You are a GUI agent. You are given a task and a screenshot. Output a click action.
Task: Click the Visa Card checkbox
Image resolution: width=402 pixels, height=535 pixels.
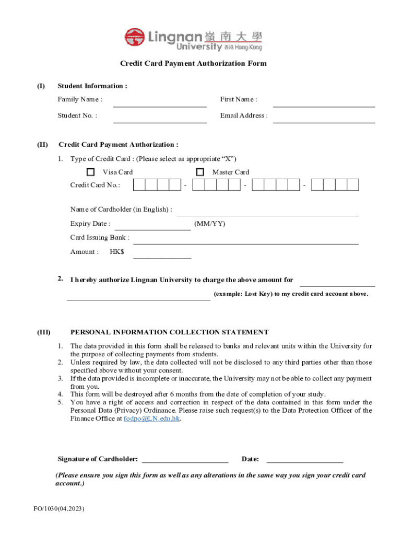91,172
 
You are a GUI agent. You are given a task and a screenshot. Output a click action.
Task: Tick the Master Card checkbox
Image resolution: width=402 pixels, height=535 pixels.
200,172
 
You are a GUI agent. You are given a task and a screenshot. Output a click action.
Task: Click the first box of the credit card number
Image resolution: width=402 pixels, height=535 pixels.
139,185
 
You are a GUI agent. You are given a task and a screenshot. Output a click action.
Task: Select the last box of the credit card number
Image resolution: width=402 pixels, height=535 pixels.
353,185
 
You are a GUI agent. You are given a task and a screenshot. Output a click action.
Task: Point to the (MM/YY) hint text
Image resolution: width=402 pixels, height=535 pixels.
210,224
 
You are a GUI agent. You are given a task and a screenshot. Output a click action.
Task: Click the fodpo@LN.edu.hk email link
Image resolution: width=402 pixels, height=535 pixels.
152,419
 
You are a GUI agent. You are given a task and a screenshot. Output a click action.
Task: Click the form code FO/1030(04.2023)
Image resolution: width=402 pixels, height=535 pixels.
57,509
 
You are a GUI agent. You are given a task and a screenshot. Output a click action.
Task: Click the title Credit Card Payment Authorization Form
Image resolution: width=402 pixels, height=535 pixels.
193,63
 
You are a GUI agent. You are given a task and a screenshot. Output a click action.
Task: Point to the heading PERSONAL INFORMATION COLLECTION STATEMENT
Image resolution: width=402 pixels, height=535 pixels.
169,332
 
